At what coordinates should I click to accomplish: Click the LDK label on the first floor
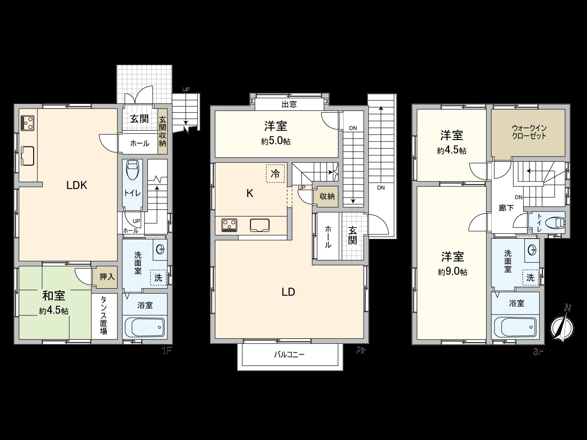77,185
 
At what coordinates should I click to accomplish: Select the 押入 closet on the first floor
107,276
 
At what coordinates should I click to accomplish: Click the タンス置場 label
104,316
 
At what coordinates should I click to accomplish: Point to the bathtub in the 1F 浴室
145,326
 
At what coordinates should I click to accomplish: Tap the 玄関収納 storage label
163,131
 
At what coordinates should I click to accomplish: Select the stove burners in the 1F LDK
28,123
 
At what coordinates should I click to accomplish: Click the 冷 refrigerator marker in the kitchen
275,174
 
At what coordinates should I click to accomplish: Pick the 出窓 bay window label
289,104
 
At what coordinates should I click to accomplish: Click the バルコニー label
289,355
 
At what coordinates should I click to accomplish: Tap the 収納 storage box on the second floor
327,196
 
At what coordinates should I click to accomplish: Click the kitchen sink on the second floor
260,225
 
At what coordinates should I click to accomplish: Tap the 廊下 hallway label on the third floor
506,208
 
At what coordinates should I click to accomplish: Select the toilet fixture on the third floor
555,223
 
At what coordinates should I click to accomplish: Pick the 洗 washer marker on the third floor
531,278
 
